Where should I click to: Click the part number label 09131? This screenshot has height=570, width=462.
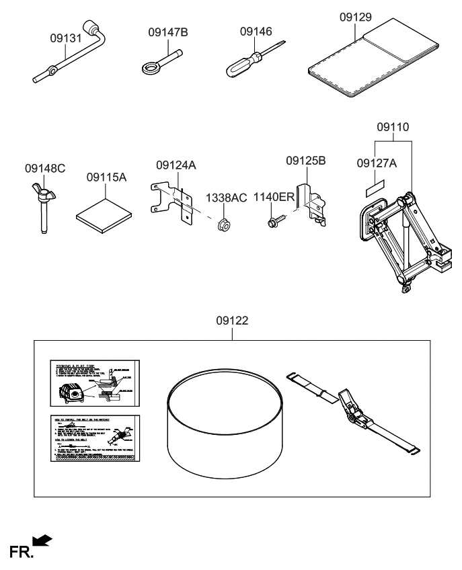point(65,39)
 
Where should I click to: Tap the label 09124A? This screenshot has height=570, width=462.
point(176,165)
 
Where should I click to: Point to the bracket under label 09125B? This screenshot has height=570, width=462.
point(313,201)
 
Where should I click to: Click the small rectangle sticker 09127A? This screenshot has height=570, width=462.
point(375,185)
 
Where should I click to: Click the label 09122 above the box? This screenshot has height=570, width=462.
point(232,321)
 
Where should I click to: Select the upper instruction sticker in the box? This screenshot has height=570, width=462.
point(95,384)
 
